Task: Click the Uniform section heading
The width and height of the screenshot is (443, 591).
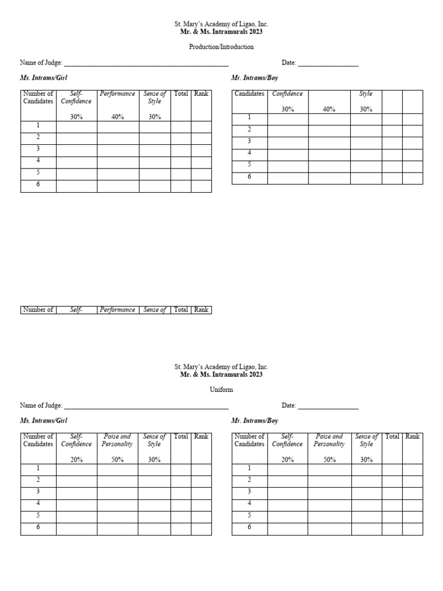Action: click(221, 390)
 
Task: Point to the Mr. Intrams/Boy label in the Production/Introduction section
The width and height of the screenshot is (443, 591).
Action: click(254, 77)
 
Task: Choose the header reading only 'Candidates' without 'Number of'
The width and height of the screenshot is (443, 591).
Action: click(249, 93)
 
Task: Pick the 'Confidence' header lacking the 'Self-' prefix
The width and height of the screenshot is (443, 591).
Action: click(287, 93)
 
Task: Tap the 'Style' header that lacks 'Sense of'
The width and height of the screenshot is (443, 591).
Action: click(366, 93)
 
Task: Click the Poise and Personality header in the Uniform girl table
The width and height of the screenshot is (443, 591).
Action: click(117, 440)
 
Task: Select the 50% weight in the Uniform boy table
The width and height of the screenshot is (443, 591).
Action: click(329, 460)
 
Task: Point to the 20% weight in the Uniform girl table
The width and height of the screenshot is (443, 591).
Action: click(76, 460)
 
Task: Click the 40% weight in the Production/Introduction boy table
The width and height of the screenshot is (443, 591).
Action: click(329, 109)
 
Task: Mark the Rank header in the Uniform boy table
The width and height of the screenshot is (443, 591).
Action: click(412, 436)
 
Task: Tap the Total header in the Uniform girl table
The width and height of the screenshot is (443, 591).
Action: click(181, 436)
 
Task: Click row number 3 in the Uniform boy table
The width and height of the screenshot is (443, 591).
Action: click(249, 492)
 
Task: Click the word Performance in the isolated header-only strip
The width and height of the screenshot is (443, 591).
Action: click(118, 310)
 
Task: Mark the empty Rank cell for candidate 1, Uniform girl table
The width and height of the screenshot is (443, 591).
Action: click(201, 469)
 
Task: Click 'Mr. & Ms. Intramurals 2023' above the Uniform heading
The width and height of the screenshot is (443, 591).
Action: click(221, 375)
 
